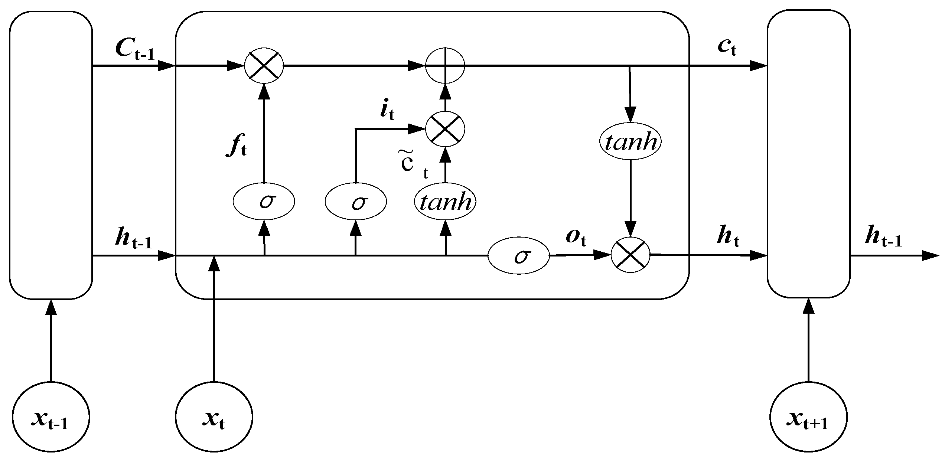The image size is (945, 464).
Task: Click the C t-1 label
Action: (134, 49)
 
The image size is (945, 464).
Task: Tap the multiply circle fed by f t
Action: (264, 66)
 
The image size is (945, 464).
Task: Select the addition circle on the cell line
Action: (445, 66)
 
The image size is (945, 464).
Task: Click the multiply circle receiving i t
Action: (445, 129)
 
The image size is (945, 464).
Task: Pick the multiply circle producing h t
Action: (630, 255)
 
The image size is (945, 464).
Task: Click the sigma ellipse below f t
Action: (264, 202)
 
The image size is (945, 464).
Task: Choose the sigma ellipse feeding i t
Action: (356, 202)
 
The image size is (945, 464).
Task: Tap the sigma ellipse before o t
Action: (518, 256)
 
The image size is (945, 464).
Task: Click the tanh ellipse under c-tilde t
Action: (445, 202)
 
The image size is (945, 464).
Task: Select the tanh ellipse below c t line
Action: (630, 142)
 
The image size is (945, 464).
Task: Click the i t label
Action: (387, 111)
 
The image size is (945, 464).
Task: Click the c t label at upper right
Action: (727, 48)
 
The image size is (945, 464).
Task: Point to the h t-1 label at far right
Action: (883, 238)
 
